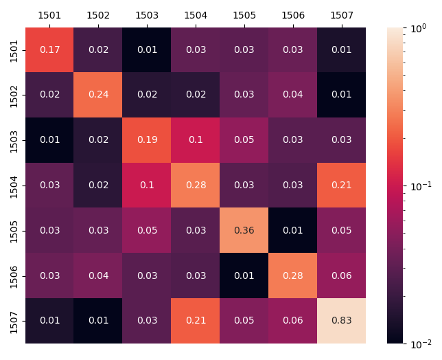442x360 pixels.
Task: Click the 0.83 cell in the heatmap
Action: point(341,320)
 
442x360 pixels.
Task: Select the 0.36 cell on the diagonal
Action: point(244,230)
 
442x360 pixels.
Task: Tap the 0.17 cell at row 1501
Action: point(49,49)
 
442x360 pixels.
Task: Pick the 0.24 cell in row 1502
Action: point(98,95)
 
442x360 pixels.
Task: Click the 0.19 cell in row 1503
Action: point(147,140)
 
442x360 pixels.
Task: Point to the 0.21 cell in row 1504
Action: point(341,185)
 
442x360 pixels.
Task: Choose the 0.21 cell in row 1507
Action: point(196,320)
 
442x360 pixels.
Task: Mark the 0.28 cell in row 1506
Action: point(293,275)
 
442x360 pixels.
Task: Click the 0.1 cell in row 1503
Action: point(196,140)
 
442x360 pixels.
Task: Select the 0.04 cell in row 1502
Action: point(293,95)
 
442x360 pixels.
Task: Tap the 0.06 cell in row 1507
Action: point(293,320)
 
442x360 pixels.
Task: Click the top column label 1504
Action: point(196,14)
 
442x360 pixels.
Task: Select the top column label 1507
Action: point(341,14)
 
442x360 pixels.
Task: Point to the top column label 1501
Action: point(49,14)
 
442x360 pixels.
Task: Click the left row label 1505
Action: point(14,230)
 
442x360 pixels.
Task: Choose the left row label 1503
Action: point(14,140)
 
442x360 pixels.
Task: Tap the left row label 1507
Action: point(14,320)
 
